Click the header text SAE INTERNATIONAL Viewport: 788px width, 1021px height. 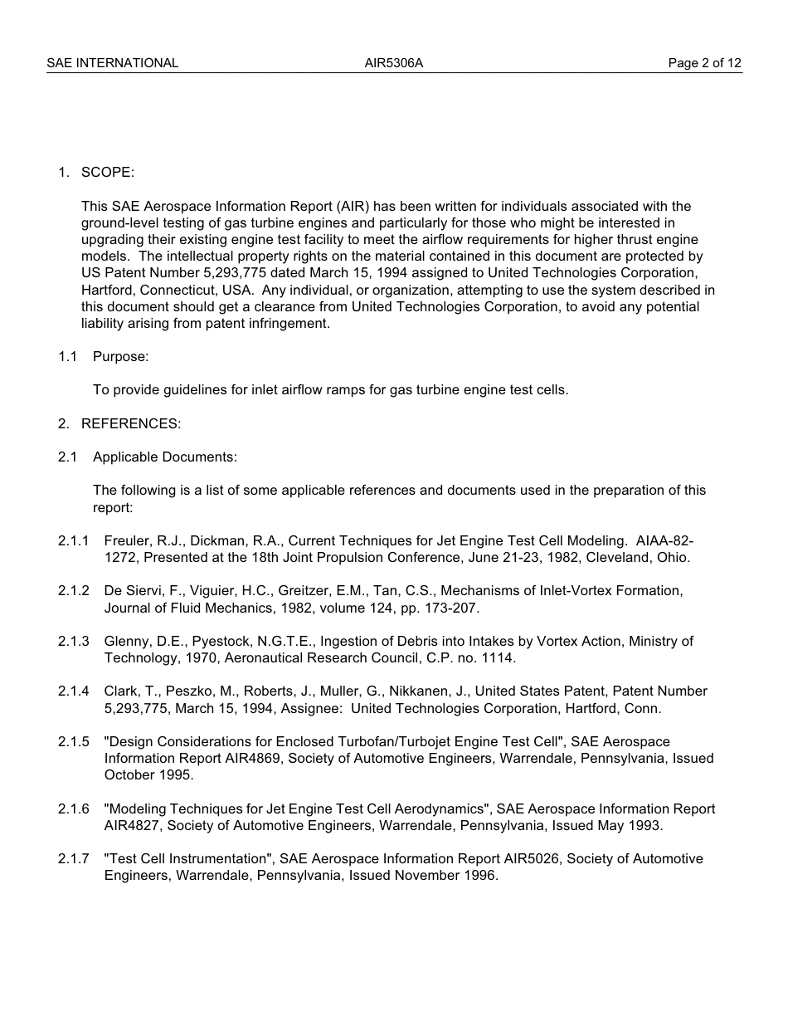coord(112,63)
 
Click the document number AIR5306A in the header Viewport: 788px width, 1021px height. coord(394,63)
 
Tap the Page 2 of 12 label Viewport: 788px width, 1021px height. coord(704,63)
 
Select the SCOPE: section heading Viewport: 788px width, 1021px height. coord(107,173)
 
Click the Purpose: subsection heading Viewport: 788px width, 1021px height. coord(120,356)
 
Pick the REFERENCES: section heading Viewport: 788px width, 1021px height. coord(130,423)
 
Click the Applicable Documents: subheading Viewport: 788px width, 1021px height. coord(164,457)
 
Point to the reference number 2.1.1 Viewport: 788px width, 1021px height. coord(73,541)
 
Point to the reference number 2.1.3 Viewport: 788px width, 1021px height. coord(73,641)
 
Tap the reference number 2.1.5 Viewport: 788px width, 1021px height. coord(73,741)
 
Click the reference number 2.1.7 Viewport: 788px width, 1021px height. coord(73,858)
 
